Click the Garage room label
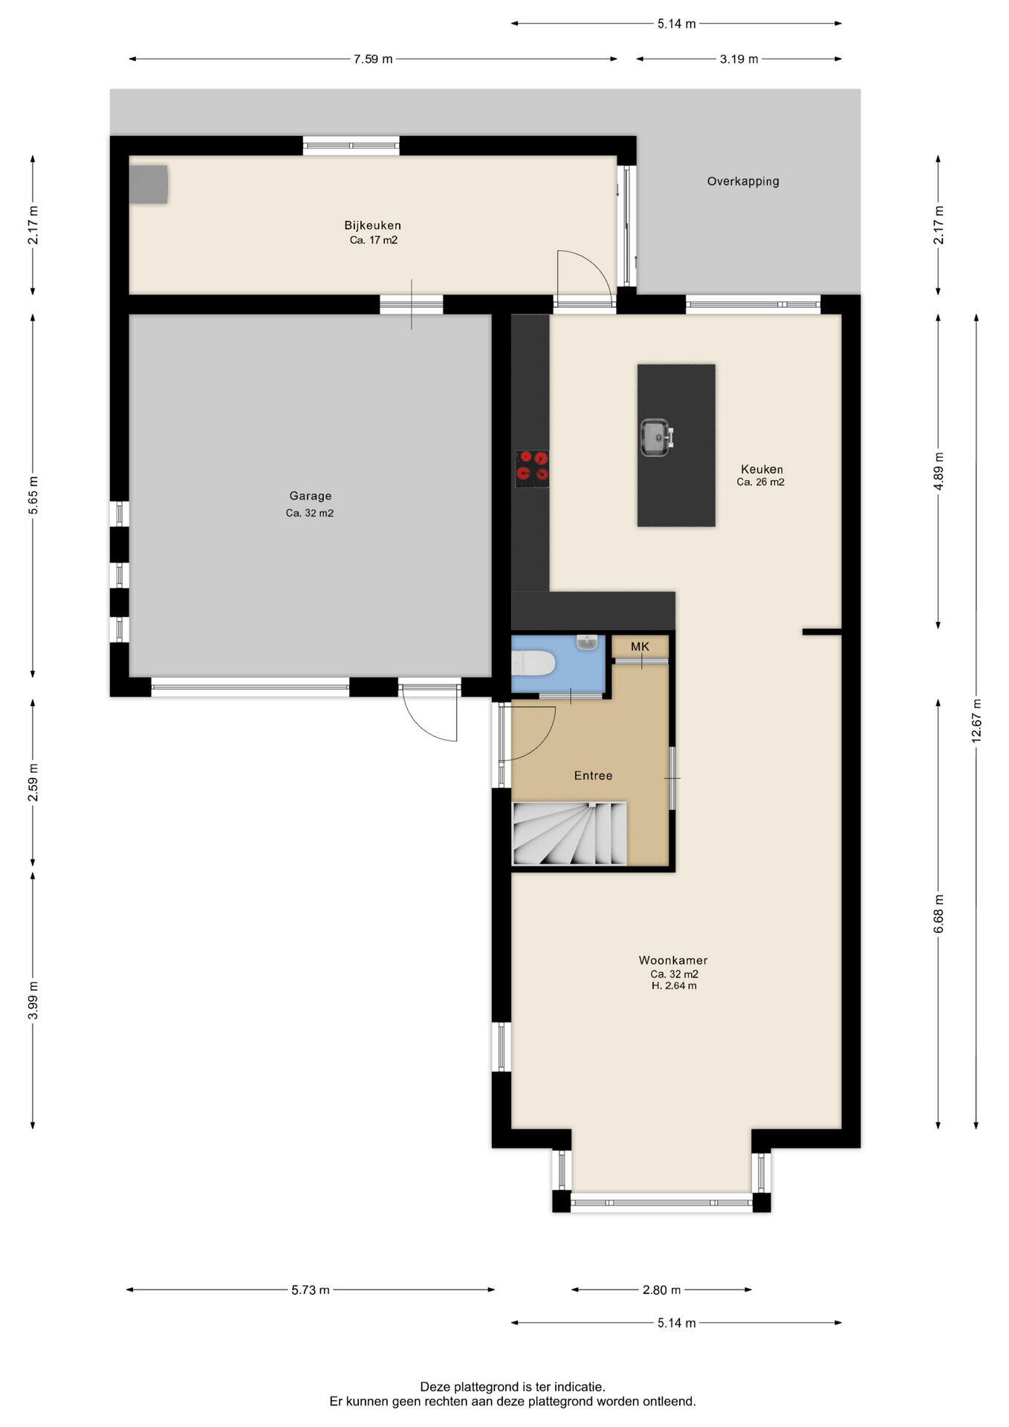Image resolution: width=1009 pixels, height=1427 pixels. tap(311, 496)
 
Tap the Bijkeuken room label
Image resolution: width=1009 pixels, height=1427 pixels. tap(372, 225)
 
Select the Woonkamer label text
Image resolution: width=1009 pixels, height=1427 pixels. tap(673, 960)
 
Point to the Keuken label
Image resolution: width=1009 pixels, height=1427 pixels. tap(762, 469)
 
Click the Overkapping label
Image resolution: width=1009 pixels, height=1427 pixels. tap(743, 181)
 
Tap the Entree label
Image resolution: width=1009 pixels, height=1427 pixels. tap(593, 775)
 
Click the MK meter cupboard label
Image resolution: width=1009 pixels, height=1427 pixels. tap(640, 647)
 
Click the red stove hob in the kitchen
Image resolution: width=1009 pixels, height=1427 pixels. tap(532, 468)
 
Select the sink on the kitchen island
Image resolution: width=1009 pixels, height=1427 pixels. tap(656, 437)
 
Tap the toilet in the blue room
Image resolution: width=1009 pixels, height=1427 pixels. tap(533, 663)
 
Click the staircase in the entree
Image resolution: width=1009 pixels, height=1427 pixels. tap(569, 833)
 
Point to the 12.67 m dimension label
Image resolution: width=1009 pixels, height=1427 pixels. tap(976, 719)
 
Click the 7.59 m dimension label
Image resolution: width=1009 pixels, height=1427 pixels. tap(373, 59)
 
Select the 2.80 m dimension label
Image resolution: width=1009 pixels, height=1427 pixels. tap(661, 1290)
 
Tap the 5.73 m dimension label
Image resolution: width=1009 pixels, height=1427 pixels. tap(311, 1290)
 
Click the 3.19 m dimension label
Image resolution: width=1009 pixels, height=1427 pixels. tap(739, 59)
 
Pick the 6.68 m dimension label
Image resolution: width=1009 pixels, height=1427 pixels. tap(938, 913)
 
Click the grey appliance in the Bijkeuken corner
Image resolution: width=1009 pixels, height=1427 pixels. tap(149, 184)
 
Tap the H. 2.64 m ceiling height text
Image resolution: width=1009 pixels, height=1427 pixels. tap(674, 986)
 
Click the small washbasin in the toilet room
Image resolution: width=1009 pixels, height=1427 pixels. tap(587, 642)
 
